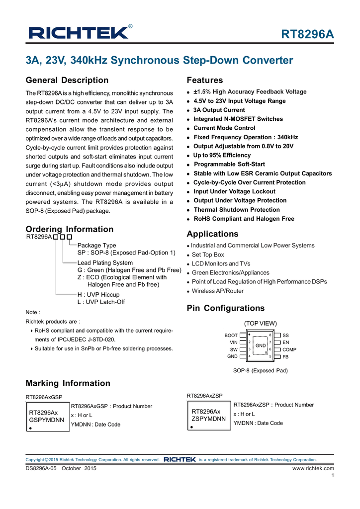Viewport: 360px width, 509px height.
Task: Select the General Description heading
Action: (67, 81)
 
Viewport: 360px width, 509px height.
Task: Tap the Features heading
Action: (204, 81)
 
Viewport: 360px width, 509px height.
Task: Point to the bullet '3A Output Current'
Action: (219, 110)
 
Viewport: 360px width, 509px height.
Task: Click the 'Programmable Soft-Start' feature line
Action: (229, 164)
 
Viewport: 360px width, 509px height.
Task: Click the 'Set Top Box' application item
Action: (208, 254)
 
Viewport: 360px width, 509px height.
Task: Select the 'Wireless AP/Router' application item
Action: (218, 291)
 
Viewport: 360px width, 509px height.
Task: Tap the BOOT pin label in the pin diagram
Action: (231, 336)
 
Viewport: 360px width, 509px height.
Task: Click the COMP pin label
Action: (289, 350)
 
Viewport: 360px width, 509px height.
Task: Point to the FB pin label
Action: (285, 357)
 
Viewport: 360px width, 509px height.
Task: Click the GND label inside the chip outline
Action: (261, 345)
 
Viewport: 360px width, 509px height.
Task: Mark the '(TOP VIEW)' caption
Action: (260, 323)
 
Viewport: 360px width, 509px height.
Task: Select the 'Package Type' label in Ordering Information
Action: (96, 246)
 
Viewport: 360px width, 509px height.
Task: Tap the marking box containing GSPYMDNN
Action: (48, 417)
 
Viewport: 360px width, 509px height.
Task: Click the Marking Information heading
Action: (68, 383)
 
